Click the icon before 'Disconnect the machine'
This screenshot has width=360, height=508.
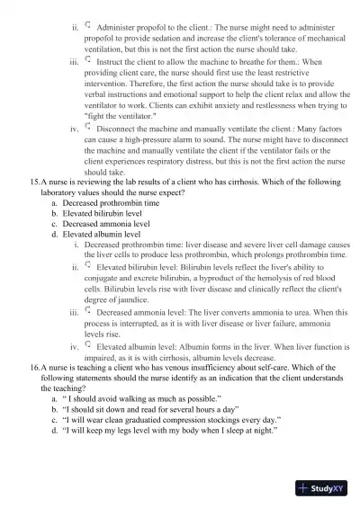tap(88, 129)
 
